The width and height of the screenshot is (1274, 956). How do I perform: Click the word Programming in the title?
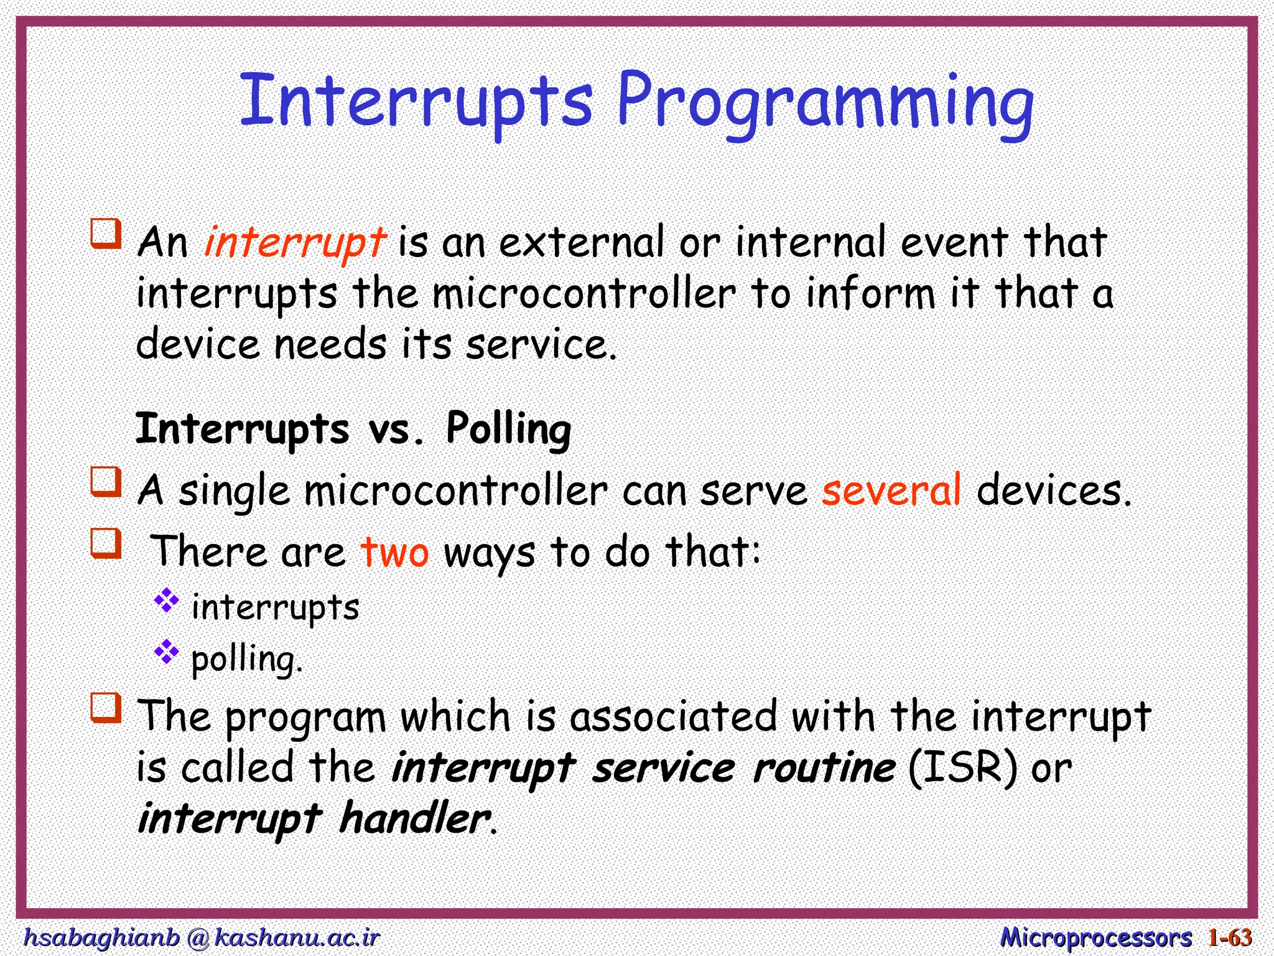point(824,103)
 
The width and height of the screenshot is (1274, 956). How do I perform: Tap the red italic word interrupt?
point(295,242)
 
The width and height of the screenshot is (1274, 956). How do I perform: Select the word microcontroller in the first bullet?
point(584,294)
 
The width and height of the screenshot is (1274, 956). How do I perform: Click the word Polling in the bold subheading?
point(508,429)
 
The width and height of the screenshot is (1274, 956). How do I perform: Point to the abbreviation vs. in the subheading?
point(396,429)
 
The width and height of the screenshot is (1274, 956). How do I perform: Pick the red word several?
point(891,490)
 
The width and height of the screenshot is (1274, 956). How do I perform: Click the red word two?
point(394,551)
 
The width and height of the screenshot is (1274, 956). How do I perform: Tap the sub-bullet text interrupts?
point(275,607)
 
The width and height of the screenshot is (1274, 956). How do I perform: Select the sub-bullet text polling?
point(246,659)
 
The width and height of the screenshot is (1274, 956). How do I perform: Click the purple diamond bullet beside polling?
point(166,652)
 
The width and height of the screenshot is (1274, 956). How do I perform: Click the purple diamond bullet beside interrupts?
point(166,600)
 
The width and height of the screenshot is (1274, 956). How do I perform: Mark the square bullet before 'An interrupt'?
point(106,233)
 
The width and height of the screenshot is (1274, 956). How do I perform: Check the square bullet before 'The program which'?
point(106,708)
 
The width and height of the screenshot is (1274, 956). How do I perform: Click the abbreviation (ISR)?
point(963,767)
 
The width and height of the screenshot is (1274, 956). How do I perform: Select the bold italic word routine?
point(824,767)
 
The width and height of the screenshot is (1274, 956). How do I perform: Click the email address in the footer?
point(201,937)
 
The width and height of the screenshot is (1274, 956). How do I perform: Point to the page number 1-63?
point(1230,937)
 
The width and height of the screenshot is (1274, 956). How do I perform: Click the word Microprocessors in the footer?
point(1095,937)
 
